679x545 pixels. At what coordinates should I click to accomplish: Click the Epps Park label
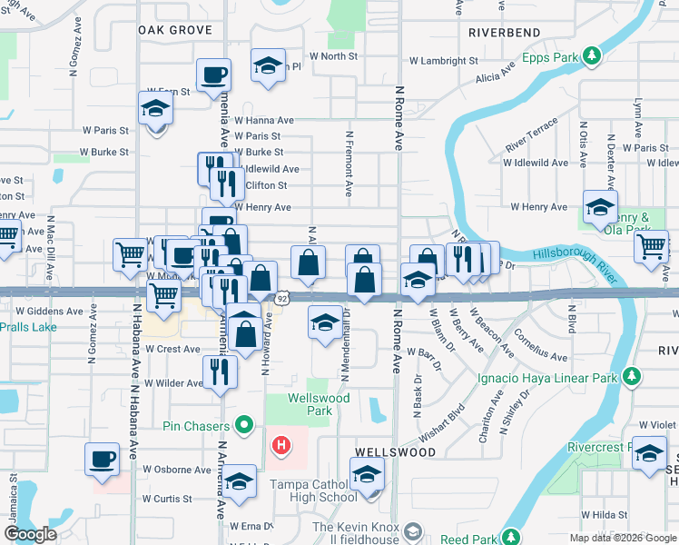550,57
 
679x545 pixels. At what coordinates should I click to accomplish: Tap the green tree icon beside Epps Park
592,57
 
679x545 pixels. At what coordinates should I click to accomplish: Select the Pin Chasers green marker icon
242,424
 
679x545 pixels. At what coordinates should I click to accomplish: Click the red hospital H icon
282,445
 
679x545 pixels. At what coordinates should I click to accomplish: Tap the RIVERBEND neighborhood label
505,33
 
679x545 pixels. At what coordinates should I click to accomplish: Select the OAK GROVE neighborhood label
175,30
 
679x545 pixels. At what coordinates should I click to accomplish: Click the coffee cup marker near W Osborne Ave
103,459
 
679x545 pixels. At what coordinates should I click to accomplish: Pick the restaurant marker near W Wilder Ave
220,372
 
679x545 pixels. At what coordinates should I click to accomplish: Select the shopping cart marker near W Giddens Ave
163,295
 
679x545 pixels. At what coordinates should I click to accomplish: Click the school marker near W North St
268,66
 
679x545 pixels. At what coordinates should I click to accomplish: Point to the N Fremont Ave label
349,163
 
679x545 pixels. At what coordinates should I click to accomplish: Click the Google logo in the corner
31,535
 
